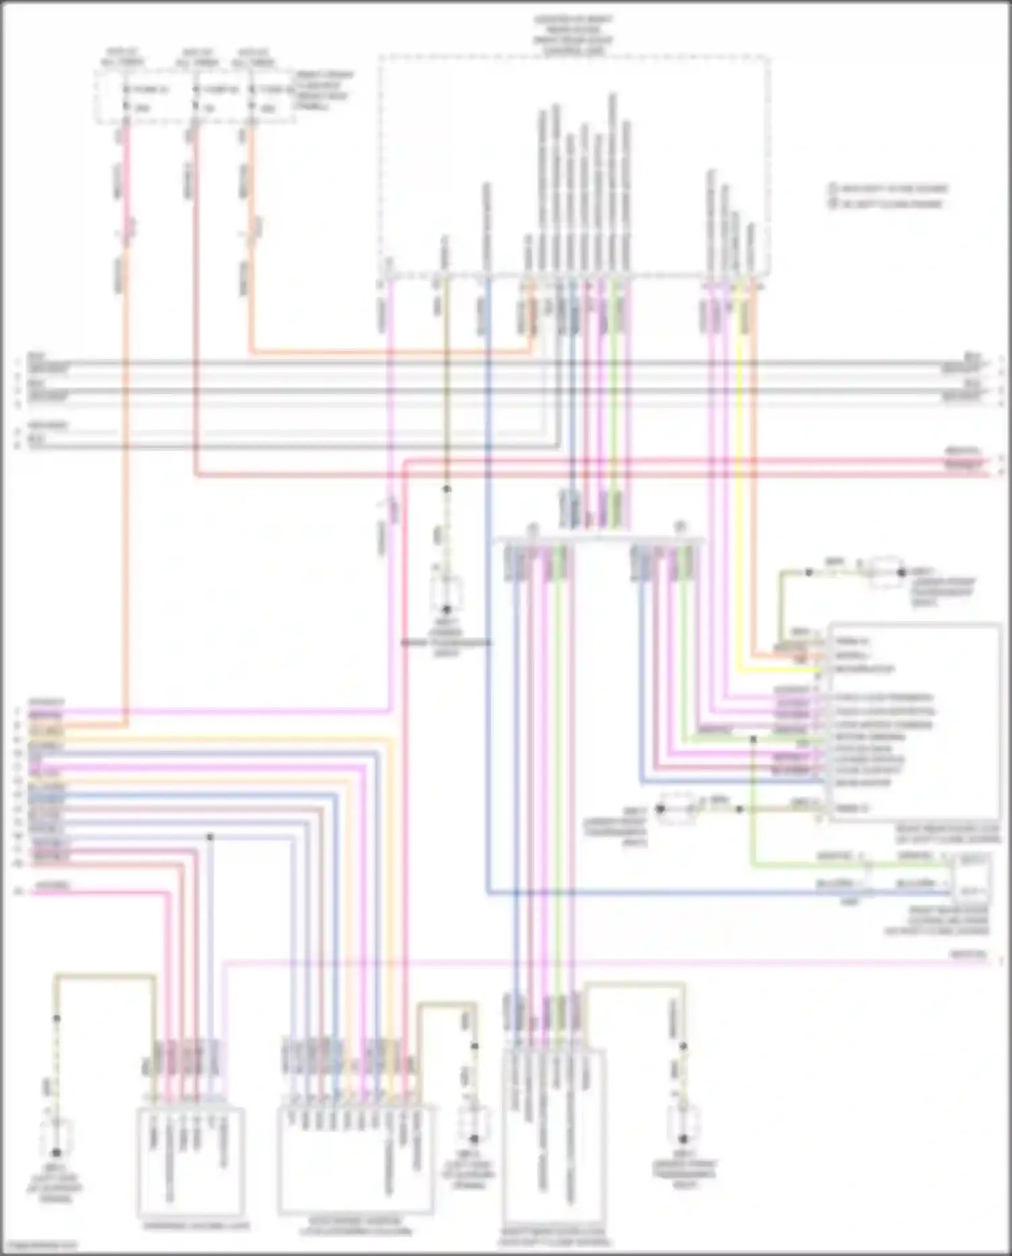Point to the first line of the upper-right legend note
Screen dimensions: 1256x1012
889,188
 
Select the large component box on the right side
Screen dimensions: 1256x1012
914,722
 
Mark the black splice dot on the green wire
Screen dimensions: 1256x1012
754,739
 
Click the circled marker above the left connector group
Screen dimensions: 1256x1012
532,527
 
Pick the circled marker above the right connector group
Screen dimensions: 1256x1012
680,527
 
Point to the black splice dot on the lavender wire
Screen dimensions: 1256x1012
210,837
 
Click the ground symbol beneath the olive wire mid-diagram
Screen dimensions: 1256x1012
447,594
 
